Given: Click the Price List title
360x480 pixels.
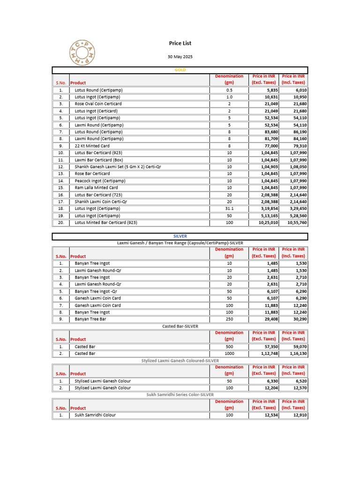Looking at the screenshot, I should click(x=180, y=43).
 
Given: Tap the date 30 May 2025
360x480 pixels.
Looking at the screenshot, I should click(x=180, y=57).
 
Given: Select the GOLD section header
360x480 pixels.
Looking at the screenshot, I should click(x=180, y=70).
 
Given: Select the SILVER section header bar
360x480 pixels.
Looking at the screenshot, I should click(x=180, y=236).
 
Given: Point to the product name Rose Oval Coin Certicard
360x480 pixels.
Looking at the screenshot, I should click(x=98, y=104).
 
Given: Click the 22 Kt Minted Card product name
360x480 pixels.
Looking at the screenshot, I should click(x=92, y=146).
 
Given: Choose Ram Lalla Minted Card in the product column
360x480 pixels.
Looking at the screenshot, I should click(x=97, y=187).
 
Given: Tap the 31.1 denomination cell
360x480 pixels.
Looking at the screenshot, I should click(x=229, y=209).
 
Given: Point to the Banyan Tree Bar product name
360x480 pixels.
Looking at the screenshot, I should click(x=90, y=319).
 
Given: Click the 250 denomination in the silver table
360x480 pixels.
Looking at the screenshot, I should click(x=229, y=319).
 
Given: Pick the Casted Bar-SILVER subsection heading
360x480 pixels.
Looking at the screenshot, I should click(x=180, y=326).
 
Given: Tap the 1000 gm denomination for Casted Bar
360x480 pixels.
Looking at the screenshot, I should click(x=229, y=353).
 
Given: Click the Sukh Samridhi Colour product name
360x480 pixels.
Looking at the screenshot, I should click(x=95, y=415).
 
